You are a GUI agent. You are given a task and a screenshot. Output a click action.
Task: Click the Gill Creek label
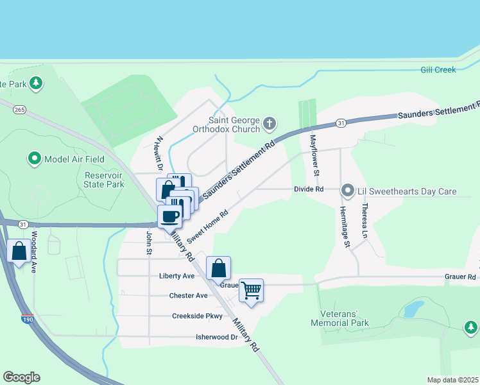click(x=438, y=69)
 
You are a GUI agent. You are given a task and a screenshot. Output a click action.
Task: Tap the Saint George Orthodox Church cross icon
click(x=270, y=123)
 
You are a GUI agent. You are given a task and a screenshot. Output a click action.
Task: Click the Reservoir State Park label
click(x=104, y=179)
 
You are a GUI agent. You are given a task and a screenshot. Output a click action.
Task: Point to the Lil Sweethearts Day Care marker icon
click(x=348, y=190)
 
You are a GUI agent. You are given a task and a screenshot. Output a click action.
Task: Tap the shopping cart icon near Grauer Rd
click(x=252, y=290)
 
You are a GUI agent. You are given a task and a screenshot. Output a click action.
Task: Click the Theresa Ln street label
click(x=365, y=221)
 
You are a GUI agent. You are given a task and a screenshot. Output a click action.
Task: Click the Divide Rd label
click(x=308, y=189)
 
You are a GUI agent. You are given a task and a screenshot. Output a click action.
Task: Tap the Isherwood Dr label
click(x=216, y=337)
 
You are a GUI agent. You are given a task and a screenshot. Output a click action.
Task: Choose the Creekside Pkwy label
click(x=197, y=316)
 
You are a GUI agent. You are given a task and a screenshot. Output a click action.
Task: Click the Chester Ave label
click(x=189, y=296)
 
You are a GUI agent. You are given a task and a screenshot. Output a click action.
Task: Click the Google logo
click(x=21, y=377)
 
